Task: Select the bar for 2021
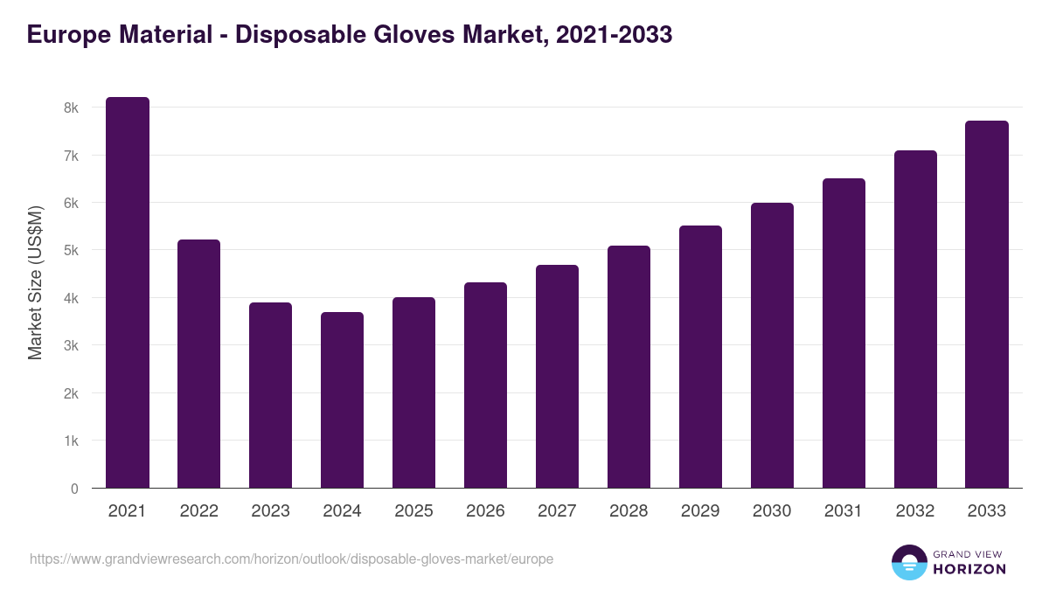pos(128,293)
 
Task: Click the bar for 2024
pos(342,400)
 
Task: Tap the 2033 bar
pos(987,304)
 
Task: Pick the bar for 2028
pos(629,367)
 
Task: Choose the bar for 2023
pos(270,395)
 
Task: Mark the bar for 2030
pos(772,345)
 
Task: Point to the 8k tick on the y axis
pos(71,108)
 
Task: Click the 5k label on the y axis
pos(71,251)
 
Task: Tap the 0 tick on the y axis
pos(74,489)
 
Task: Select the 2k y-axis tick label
pos(71,393)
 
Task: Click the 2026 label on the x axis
pos(485,511)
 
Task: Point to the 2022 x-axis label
pos(198,511)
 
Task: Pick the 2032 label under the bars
pos(915,511)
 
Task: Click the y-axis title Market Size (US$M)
pos(35,282)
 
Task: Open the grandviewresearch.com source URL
pos(291,559)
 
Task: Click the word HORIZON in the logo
pos(969,569)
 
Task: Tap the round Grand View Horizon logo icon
pos(909,562)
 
